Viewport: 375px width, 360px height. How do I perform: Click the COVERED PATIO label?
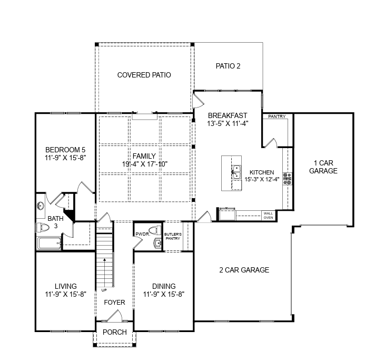(x=144, y=75)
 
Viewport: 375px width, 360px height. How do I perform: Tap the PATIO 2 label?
(x=228, y=66)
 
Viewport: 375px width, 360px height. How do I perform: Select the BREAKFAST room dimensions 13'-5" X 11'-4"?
(x=228, y=123)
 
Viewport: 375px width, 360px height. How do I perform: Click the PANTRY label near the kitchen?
(x=277, y=116)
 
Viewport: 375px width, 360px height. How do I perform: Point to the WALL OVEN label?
(x=268, y=216)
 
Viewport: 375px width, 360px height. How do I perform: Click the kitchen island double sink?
(x=236, y=172)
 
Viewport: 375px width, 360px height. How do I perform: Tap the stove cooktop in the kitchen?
(x=287, y=179)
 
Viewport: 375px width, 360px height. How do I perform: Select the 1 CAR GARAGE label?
(x=323, y=167)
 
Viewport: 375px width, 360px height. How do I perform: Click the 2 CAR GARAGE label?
(x=244, y=270)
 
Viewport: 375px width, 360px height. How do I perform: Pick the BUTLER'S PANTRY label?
(x=173, y=236)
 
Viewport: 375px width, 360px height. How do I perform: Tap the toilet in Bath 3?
(x=43, y=227)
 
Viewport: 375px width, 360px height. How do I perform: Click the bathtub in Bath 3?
(x=50, y=244)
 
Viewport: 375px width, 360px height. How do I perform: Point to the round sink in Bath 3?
(x=41, y=206)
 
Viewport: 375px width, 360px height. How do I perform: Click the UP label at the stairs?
(x=104, y=290)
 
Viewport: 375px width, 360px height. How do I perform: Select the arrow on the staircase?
(x=104, y=271)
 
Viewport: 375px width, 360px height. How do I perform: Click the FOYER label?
(x=115, y=303)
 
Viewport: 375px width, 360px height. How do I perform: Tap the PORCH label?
(x=115, y=332)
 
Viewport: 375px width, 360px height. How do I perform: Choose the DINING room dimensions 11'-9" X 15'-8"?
(x=164, y=294)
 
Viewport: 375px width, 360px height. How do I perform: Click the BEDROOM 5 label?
(x=65, y=150)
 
